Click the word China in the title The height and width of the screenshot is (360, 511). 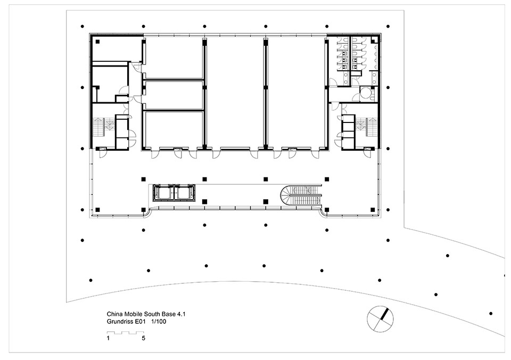tap(114, 314)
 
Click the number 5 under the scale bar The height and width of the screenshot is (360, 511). tap(143, 338)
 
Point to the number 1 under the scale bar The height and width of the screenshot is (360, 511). tap(108, 338)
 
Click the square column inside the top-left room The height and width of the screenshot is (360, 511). tap(97, 42)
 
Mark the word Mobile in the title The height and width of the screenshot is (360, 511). tap(130, 314)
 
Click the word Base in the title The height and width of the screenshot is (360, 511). tap(170, 314)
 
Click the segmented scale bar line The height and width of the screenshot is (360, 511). tap(126, 333)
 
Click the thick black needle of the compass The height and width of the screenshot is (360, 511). tap(385, 313)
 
